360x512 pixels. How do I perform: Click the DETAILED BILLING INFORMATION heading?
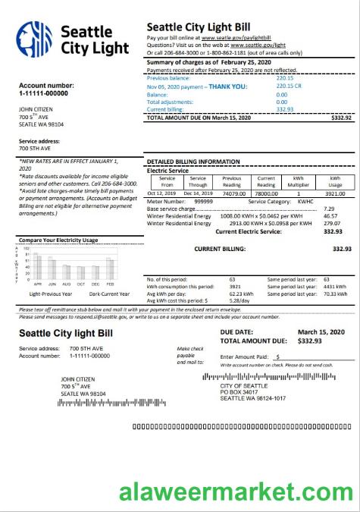[x=193, y=162]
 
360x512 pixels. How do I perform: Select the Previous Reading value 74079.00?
[x=234, y=193]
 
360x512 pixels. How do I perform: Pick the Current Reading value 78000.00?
[x=267, y=193]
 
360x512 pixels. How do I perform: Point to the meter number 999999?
[x=203, y=201]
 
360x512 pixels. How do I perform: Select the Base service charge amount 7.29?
[x=329, y=209]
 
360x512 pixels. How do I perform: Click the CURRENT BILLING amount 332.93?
[x=343, y=249]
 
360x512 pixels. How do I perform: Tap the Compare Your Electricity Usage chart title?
[x=58, y=240]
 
